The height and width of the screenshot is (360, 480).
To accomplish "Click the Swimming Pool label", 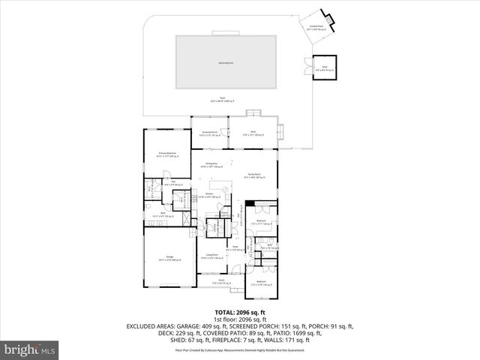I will click(x=223, y=63).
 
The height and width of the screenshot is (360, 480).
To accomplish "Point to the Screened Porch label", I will click(x=209, y=133).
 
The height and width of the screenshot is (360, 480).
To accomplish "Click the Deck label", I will click(x=253, y=133).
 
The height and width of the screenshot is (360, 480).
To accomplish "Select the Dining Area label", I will click(x=209, y=164).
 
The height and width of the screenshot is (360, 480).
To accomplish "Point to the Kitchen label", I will click(x=209, y=195).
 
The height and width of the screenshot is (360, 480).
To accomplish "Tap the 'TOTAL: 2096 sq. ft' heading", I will click(x=239, y=311).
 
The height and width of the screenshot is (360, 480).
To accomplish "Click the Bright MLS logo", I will click(x=30, y=349).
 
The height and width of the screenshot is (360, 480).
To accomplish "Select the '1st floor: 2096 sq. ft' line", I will click(x=239, y=319).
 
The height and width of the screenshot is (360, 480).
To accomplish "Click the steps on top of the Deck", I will click(x=254, y=113).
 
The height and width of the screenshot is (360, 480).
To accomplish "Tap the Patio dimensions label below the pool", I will click(x=223, y=100).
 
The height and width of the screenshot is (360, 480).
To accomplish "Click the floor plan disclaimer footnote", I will click(x=239, y=349).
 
